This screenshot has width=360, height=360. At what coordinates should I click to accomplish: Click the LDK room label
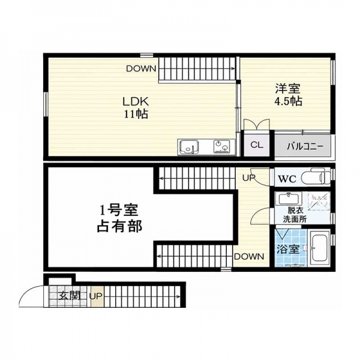[x=136, y=101]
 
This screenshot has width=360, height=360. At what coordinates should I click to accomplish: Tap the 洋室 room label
[x=288, y=89]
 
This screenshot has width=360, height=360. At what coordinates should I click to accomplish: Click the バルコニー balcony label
[x=305, y=146]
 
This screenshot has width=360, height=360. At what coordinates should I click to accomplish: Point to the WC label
[x=287, y=179]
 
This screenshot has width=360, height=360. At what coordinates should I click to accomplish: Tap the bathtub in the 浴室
[x=319, y=248]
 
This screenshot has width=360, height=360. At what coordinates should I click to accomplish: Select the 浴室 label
[x=288, y=249]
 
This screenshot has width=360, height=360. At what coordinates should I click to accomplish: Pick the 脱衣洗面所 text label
[x=295, y=215]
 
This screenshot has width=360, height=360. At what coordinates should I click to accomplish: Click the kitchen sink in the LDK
[x=189, y=147]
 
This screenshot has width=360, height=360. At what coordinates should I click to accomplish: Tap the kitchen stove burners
[x=221, y=146]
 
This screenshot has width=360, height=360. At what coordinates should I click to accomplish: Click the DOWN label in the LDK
[x=141, y=68]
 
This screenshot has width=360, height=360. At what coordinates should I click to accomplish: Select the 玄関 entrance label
[x=69, y=296]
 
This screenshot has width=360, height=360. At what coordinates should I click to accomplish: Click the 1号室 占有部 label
[x=119, y=218]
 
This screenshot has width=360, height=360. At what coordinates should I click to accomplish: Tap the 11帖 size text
[x=136, y=114]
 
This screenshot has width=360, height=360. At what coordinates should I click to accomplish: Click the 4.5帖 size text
[x=288, y=101]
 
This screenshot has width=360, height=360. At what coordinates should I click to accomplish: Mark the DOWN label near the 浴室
[x=249, y=256]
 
